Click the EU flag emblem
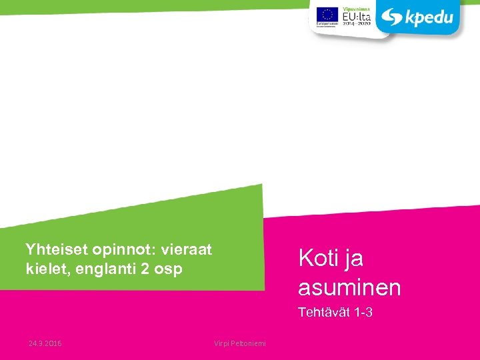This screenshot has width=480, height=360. coord(327,15)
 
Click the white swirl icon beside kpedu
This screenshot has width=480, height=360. coord(391,17)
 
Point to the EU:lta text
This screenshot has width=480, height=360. coord(357,15)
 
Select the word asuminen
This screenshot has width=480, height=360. coord(349,287)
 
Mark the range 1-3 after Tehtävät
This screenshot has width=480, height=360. coord(363,312)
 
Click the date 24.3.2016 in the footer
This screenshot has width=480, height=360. coord(45,343)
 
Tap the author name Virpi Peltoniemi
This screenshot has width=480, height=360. coord(239,343)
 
